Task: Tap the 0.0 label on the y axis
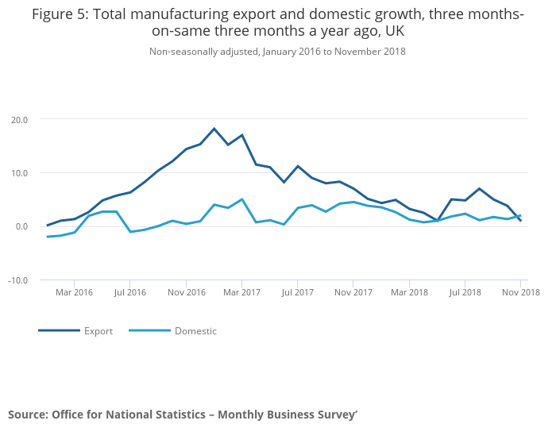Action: click(x=21, y=226)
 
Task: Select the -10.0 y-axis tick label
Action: click(x=17, y=280)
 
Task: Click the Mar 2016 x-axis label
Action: click(x=74, y=292)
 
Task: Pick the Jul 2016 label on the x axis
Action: click(x=130, y=292)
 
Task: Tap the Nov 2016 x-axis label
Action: click(x=186, y=292)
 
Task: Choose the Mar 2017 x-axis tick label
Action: click(x=241, y=292)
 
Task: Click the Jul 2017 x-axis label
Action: click(x=297, y=292)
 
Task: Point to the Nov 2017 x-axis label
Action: click(x=353, y=292)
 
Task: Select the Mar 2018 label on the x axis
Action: click(x=409, y=292)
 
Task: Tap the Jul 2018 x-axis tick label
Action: click(x=465, y=292)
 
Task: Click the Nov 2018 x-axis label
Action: click(x=520, y=292)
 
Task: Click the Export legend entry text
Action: click(x=98, y=331)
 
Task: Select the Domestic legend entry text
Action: click(x=195, y=331)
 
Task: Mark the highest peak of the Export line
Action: click(x=214, y=129)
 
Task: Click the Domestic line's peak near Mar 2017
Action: click(x=241, y=199)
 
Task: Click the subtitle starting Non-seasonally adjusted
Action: click(x=277, y=52)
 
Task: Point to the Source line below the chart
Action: click(x=183, y=415)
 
